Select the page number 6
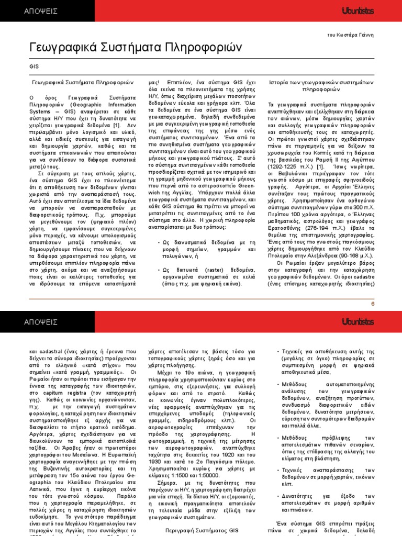tap(373, 303)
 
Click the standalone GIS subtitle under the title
tap(33, 66)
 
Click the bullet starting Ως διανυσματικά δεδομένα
tap(203, 242)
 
